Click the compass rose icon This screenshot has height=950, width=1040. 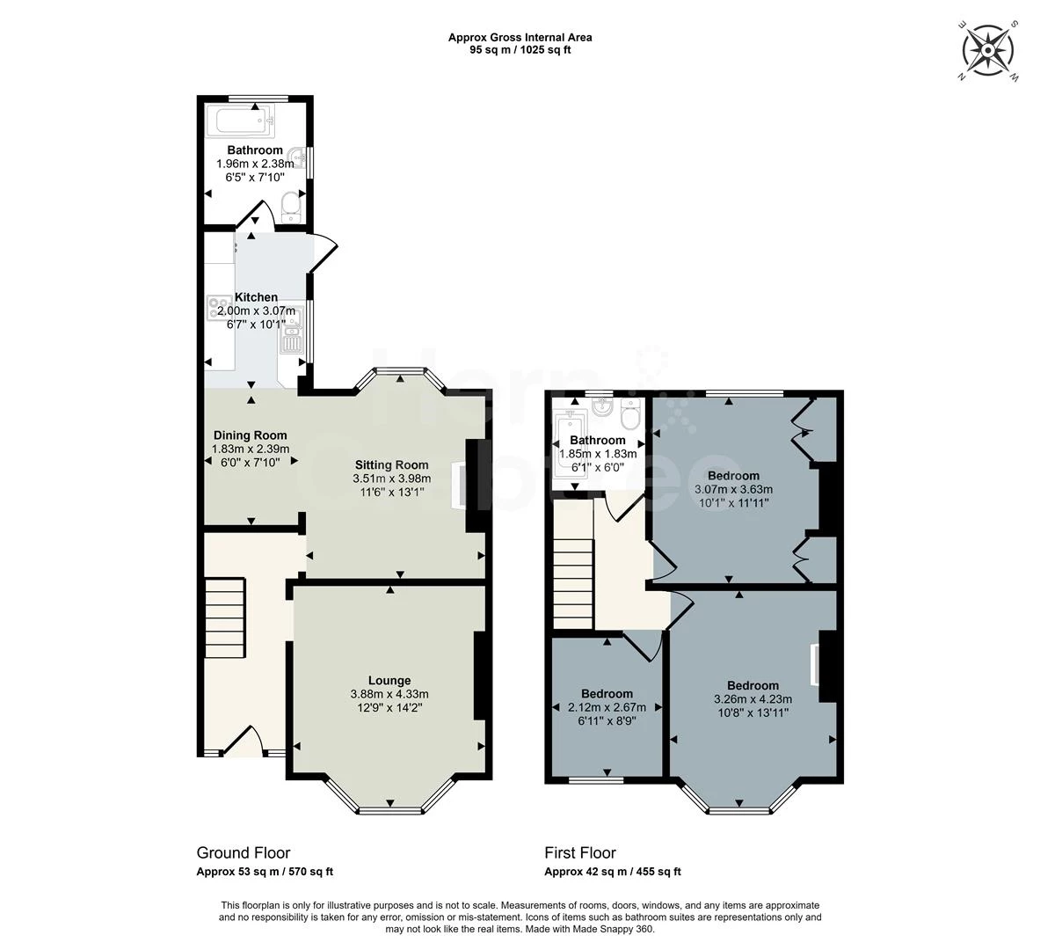point(988,50)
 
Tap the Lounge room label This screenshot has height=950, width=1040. point(389,681)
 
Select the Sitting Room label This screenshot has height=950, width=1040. point(391,464)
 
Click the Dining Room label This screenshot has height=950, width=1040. point(250,435)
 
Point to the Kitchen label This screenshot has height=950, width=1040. point(256,296)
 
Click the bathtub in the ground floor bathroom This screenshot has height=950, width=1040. point(244,121)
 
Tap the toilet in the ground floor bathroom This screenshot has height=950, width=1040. point(291,207)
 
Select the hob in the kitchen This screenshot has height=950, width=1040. point(219,307)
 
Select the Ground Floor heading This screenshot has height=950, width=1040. point(244,853)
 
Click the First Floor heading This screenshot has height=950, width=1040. point(580,853)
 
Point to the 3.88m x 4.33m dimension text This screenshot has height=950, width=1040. point(389,694)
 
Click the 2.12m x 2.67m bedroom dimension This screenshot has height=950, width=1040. point(607,707)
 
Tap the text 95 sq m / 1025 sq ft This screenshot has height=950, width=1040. point(520,50)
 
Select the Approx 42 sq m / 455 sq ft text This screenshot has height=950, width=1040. point(612,872)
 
